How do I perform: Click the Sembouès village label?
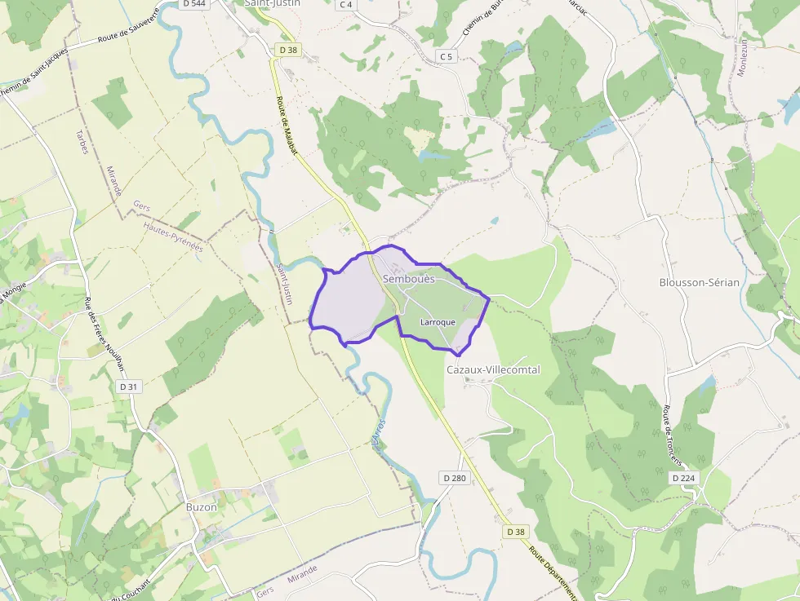409,279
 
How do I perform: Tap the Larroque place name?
438,322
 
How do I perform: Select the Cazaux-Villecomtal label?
493,369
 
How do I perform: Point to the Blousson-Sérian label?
699,282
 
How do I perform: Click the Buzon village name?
202,506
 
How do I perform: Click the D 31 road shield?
129,386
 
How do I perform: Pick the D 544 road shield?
194,4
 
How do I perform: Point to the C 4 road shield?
346,4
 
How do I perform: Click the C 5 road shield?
445,56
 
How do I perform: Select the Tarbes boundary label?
83,141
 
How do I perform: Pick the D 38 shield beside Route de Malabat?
288,50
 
